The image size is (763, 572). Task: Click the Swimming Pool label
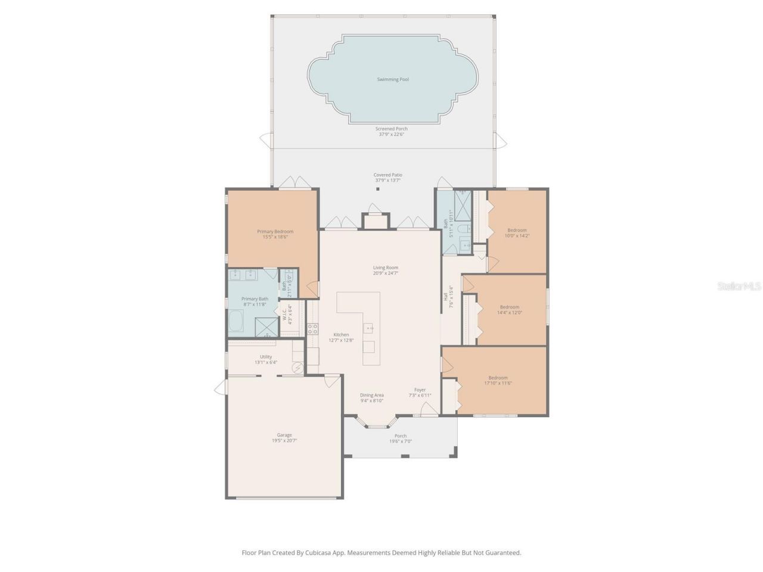392,79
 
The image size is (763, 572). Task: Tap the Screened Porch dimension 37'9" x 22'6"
392,135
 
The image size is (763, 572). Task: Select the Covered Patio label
387,175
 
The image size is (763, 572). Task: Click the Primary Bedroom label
275,232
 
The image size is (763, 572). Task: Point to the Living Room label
385,268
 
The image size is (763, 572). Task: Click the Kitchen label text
341,335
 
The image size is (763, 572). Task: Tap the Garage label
284,435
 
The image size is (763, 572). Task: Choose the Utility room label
265,357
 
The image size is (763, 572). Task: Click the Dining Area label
371,395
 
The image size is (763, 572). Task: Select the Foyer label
420,390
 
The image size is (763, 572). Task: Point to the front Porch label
401,436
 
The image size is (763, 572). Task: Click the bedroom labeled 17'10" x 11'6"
498,380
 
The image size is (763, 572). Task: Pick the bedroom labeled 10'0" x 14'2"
517,232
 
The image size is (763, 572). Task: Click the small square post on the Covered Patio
377,189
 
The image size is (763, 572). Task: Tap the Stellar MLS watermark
739,287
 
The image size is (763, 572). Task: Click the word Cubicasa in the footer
319,553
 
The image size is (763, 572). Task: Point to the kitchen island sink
370,328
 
